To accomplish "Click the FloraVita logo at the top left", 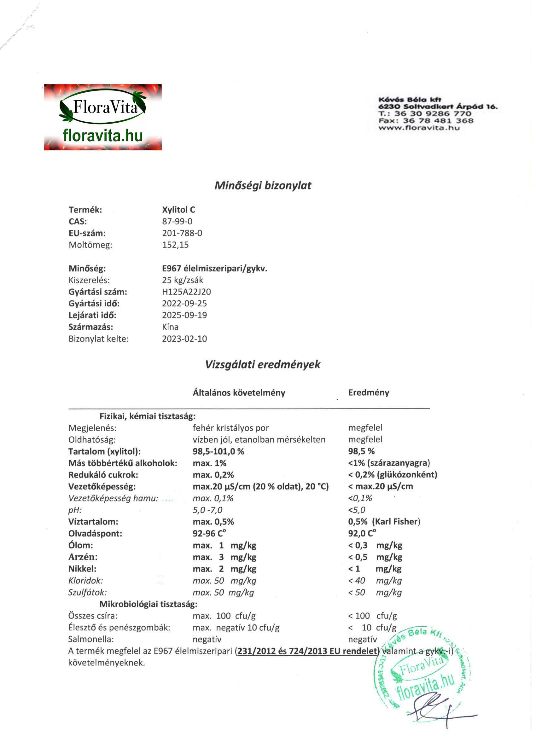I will [103, 117].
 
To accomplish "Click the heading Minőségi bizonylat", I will [263, 185].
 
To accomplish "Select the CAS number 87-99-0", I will [177, 221].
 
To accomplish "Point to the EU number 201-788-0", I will [182, 233].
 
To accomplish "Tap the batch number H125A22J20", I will [186, 292].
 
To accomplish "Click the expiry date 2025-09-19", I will [184, 315].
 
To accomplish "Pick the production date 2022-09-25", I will [184, 304].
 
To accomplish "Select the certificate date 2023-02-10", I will [184, 339].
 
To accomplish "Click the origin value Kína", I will [170, 327].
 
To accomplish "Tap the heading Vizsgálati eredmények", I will [263, 364].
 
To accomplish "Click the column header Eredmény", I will [369, 392].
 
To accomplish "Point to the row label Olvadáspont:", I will [95, 534].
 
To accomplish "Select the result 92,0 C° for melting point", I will [362, 534].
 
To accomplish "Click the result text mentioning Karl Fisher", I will [384, 522].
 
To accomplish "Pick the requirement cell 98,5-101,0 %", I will [218, 451].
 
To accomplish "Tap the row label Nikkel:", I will [82, 569].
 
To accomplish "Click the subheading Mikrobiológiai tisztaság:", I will [148, 604].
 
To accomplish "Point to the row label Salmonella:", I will [91, 639].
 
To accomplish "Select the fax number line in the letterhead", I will [426, 120].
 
